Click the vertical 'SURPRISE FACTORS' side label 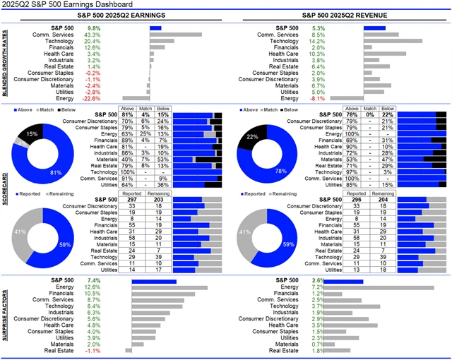coord(6,314)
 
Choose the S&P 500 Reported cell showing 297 coord(131,199)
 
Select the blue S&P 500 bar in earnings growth coord(155,28)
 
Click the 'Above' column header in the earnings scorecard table coord(129,109)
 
